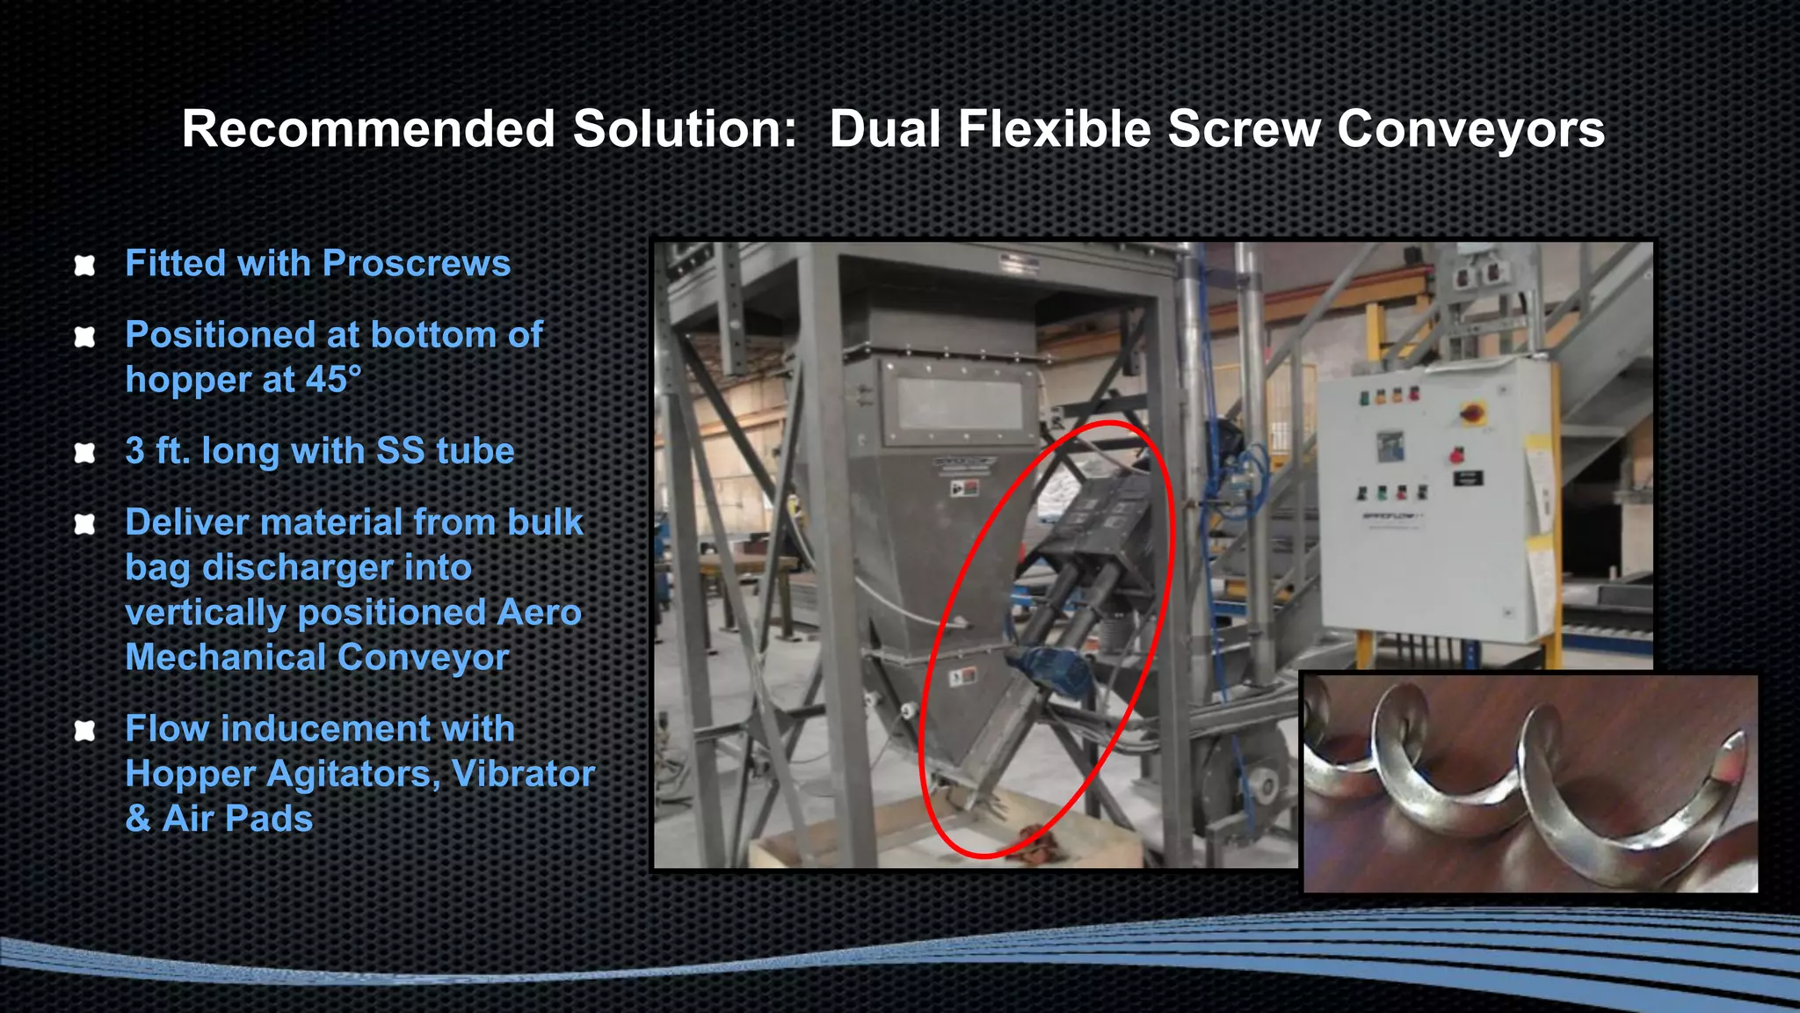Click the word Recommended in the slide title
(x=368, y=129)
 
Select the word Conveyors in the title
(x=1470, y=129)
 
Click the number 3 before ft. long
(x=135, y=451)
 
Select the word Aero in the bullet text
(x=539, y=613)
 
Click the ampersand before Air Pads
(x=138, y=820)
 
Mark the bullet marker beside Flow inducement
(x=84, y=730)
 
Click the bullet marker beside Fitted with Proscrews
(x=84, y=265)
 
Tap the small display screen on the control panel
(x=1390, y=444)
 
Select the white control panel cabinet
(x=1433, y=501)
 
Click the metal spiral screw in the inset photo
(x=1529, y=783)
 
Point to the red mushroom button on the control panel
(x=1455, y=455)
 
